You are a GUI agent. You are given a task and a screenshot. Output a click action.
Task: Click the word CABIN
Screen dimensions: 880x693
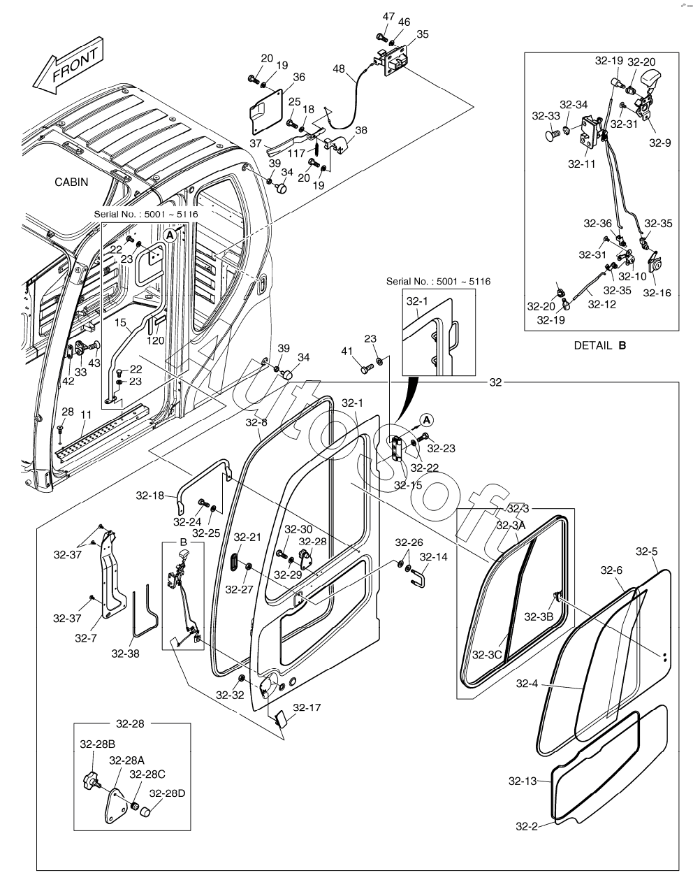click(x=72, y=182)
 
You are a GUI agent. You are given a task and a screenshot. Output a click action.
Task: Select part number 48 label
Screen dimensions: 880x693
click(x=340, y=70)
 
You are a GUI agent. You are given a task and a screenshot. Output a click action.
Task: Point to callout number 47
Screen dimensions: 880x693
click(x=388, y=16)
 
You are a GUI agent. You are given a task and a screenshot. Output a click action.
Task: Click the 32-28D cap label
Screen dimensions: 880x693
click(x=168, y=793)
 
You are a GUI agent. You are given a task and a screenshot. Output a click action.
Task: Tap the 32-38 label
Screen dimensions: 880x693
click(x=125, y=654)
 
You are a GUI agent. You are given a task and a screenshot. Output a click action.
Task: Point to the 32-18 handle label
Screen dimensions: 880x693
click(x=150, y=496)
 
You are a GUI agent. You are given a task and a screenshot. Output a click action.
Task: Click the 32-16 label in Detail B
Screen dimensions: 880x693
click(x=657, y=292)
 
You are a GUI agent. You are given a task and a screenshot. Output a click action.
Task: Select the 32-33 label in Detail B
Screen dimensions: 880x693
click(x=546, y=116)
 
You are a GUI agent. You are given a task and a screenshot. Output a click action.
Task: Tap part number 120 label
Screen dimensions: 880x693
click(x=156, y=340)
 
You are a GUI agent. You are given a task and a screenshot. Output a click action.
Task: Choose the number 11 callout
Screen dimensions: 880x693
click(x=85, y=414)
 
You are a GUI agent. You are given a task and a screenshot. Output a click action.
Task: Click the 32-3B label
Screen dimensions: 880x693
click(x=538, y=616)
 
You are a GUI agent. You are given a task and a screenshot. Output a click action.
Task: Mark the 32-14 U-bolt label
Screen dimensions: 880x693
click(x=433, y=557)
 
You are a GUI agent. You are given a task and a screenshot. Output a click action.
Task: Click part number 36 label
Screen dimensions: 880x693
click(x=298, y=77)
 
